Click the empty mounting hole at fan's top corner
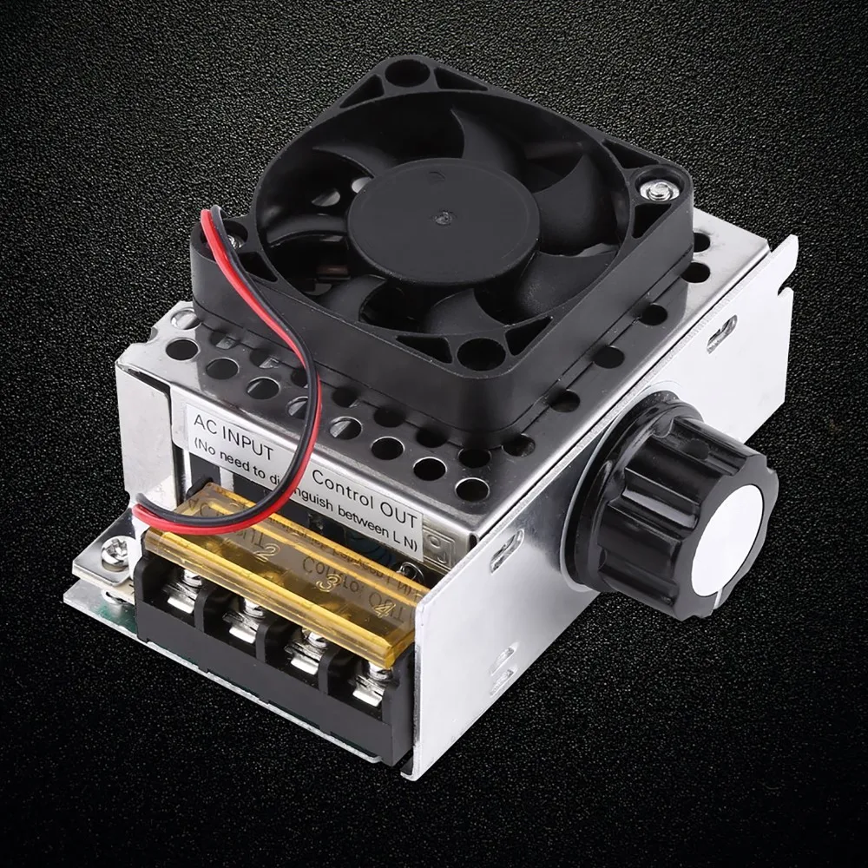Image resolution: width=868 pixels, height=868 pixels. (x=408, y=73)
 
